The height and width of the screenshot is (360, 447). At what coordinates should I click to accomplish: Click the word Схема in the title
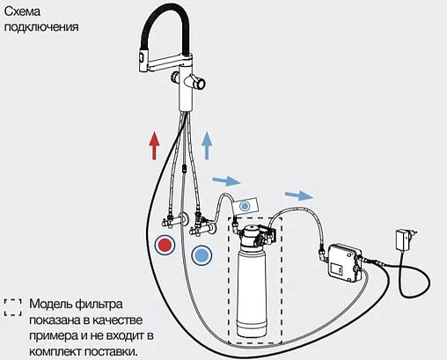point(22,11)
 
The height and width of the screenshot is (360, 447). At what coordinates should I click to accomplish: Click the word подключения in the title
point(41,27)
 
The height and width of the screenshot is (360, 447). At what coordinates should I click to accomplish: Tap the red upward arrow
point(154,145)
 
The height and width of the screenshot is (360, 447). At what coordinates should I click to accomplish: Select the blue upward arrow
point(207,145)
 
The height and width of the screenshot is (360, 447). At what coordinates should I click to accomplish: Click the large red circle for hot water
point(165,245)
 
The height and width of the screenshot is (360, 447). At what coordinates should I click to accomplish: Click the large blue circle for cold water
point(202,254)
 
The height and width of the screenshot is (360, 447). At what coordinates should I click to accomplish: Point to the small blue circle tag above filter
point(245,206)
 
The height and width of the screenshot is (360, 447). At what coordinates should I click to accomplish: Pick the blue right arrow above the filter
point(226,180)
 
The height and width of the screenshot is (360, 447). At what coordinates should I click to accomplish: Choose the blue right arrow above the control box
point(299,195)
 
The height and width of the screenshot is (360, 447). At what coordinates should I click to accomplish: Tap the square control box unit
point(344,264)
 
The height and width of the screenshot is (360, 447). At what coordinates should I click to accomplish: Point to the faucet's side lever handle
point(196,83)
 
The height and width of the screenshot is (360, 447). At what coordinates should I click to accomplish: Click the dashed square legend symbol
point(13,307)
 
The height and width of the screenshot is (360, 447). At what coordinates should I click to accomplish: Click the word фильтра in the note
point(99,305)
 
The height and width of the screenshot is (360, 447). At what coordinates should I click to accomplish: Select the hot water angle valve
point(172,221)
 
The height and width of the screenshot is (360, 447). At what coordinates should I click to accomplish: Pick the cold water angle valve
point(202,226)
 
